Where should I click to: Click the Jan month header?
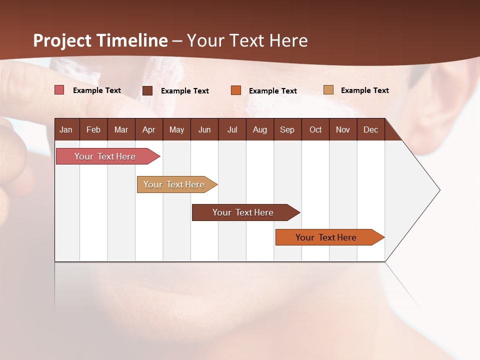coord(66,129)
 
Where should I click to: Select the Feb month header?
coord(93,129)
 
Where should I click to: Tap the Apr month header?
coord(148,129)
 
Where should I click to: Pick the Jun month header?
coord(204,129)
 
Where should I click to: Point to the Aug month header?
coord(259,129)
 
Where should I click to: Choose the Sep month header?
coord(287,129)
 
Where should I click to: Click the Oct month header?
coord(315,129)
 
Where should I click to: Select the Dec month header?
coord(370,129)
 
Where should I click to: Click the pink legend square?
coord(59,90)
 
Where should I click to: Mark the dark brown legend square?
coord(147,90)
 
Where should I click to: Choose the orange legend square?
coord(236,90)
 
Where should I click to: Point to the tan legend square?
coord(328,90)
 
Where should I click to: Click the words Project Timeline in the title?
coord(100,40)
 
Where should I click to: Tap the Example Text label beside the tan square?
coord(364,90)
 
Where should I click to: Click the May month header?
coord(176,129)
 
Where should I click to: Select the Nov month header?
coord(342,129)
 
